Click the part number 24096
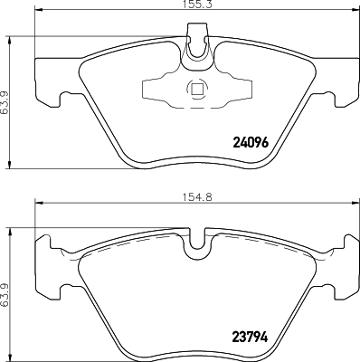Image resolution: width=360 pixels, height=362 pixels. point(252,142)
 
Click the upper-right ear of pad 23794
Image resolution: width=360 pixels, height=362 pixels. point(346,243)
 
